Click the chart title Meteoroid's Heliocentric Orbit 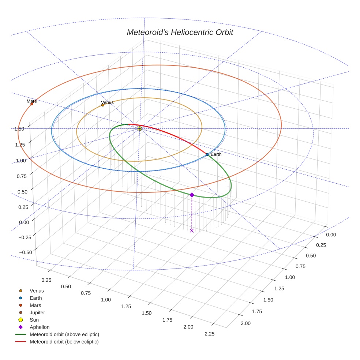tap(180, 33)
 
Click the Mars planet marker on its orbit tap(32, 104)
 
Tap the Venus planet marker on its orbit tap(103, 105)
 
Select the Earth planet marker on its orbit tap(207, 155)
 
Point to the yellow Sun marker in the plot tap(139, 128)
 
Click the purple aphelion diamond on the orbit tap(192, 195)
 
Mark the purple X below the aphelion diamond tap(192, 230)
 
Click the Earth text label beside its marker tap(216, 154)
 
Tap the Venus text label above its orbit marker tap(107, 102)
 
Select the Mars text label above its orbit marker tap(32, 101)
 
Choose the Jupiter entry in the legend tap(38, 313)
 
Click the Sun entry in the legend tap(34, 320)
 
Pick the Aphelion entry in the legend tap(40, 327)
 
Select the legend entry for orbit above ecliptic tap(64, 335)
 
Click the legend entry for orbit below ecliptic tap(64, 342)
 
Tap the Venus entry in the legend tap(37, 291)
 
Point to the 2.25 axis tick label tap(210, 334)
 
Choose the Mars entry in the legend tap(35, 305)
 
